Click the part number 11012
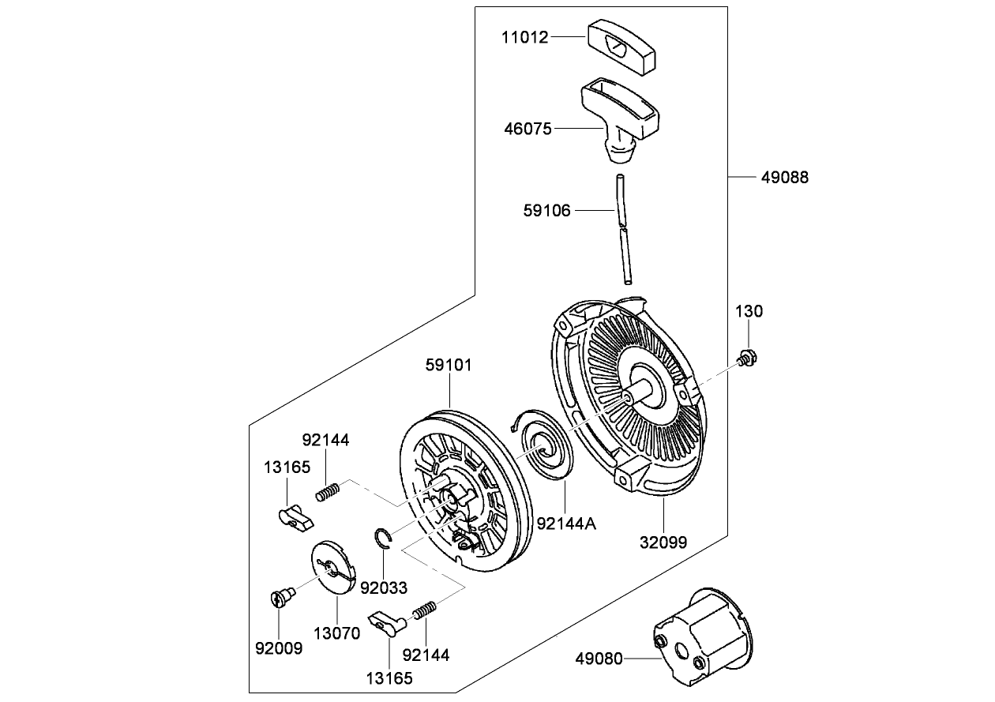click(525, 36)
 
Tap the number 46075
click(528, 128)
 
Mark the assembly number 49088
click(785, 178)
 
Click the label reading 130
click(749, 311)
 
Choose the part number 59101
click(449, 365)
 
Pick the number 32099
click(663, 542)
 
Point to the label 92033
click(384, 588)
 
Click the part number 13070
click(336, 633)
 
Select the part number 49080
click(599, 657)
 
